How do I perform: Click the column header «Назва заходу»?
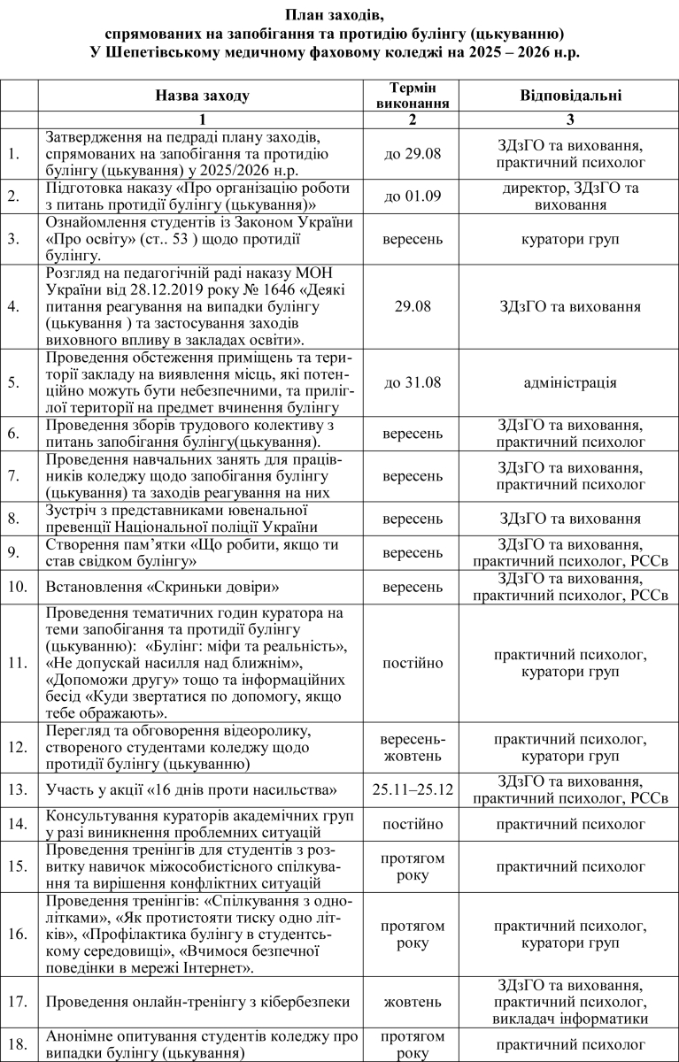click(x=202, y=96)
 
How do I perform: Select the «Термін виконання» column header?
click(x=412, y=96)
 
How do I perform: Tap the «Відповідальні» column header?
click(x=569, y=96)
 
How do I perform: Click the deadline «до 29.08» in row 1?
click(x=412, y=154)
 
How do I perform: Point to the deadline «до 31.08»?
click(x=412, y=382)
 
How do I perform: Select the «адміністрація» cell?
click(x=569, y=382)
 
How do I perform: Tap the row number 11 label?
click(x=13, y=662)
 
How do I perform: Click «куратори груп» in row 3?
click(x=569, y=239)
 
